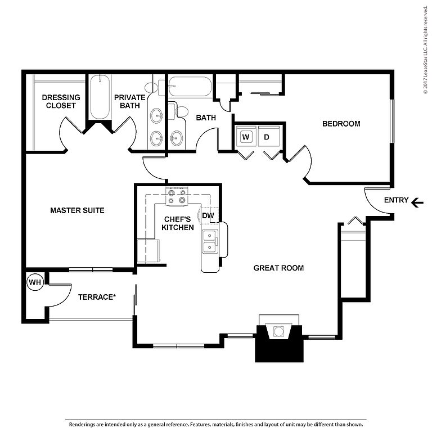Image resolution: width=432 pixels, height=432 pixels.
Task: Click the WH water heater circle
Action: [x=35, y=282]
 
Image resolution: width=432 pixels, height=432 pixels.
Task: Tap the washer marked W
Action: [x=246, y=136]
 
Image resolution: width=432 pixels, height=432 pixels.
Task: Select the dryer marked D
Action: [x=269, y=136]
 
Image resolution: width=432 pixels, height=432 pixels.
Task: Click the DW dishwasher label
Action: [x=208, y=215]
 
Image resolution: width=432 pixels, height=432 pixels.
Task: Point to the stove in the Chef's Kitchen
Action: [x=177, y=196]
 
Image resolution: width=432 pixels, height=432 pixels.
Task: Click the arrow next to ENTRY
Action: [x=417, y=202]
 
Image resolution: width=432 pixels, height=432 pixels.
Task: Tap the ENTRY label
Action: [x=396, y=200]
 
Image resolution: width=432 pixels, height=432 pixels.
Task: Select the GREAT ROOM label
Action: [x=278, y=268]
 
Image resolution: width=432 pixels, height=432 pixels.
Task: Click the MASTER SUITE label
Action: [x=77, y=210]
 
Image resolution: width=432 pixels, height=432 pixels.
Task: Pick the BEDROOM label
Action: [x=341, y=124]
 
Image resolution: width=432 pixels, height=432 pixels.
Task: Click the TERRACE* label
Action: [x=97, y=297]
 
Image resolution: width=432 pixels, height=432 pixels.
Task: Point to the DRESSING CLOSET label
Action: [x=61, y=101]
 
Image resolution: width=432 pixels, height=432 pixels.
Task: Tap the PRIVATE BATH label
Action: [x=130, y=101]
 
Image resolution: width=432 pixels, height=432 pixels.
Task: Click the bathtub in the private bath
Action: [x=100, y=97]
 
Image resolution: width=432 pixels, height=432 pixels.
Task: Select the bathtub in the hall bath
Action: [x=190, y=87]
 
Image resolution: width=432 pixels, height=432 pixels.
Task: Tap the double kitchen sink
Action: [x=210, y=242]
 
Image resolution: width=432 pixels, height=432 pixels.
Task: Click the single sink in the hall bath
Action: [x=175, y=137]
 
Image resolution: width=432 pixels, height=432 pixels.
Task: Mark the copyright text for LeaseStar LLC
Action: [x=426, y=50]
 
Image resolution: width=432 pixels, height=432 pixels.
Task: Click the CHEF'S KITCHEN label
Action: [x=178, y=223]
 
